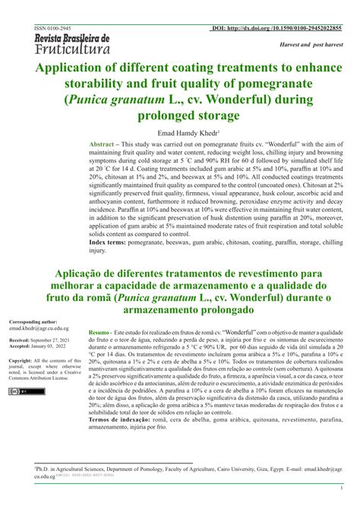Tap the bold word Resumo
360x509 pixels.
click(99, 333)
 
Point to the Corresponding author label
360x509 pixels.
click(31, 322)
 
